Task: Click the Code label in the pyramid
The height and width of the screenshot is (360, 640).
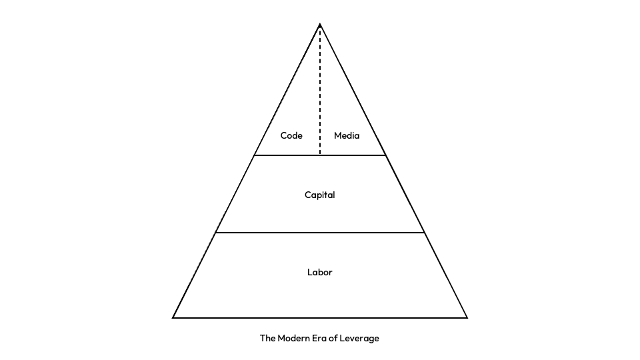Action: [x=291, y=135]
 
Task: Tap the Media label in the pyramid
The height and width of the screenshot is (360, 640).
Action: [x=347, y=135]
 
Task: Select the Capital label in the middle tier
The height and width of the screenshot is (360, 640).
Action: [x=320, y=195]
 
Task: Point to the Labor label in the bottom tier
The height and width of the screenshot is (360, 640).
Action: [x=320, y=272]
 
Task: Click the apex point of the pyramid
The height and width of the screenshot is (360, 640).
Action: [x=320, y=25]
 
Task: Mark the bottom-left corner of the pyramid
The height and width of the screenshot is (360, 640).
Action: [x=173, y=317]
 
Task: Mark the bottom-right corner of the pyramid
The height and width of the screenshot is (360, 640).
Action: [x=467, y=317]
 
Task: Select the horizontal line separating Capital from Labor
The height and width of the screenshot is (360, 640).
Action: [x=320, y=233]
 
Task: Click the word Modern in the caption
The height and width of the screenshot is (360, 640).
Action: [x=295, y=338]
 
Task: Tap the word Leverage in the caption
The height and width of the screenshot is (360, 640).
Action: [x=360, y=338]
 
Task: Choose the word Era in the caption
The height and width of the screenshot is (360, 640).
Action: [x=321, y=338]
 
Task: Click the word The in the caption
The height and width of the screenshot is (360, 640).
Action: [x=267, y=338]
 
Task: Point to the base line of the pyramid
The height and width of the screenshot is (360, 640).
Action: [x=320, y=317]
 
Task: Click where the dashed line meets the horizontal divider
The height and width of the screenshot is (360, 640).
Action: [x=320, y=155]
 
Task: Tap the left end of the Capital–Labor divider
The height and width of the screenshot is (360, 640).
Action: [x=216, y=233]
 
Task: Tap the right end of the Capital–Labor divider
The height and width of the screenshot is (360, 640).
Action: [x=424, y=233]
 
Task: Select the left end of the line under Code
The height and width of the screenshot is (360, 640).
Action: [x=255, y=155]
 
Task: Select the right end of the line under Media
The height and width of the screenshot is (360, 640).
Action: [x=385, y=155]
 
